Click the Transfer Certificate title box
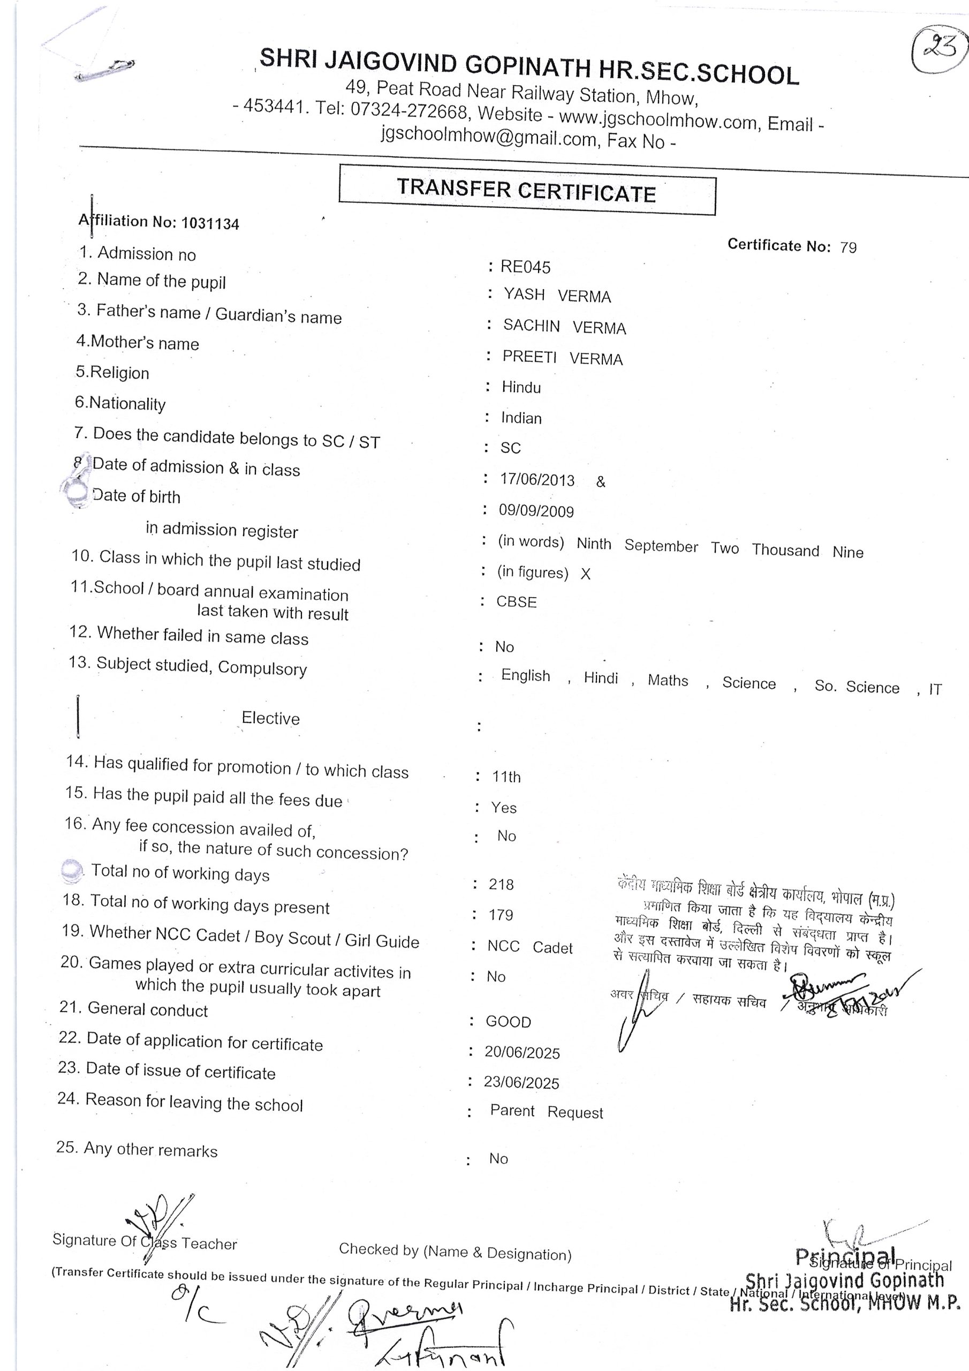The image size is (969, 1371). pyautogui.click(x=527, y=190)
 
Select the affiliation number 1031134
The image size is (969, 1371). pyautogui.click(x=210, y=224)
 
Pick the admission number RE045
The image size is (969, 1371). pyautogui.click(x=525, y=267)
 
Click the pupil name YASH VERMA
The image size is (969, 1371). pyautogui.click(x=557, y=296)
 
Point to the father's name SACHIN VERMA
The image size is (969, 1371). pyautogui.click(x=564, y=327)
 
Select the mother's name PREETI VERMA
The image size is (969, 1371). pyautogui.click(x=563, y=358)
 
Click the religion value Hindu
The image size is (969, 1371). pyautogui.click(x=521, y=388)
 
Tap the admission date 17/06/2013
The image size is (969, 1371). pyautogui.click(x=538, y=480)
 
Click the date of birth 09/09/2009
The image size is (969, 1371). pyautogui.click(x=536, y=511)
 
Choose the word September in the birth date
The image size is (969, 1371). pyautogui.click(x=661, y=546)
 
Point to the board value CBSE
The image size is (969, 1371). pyautogui.click(x=517, y=602)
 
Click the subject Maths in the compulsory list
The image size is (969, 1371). pyautogui.click(x=668, y=681)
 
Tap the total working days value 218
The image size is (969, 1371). pyautogui.click(x=501, y=884)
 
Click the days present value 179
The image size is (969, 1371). pyautogui.click(x=501, y=915)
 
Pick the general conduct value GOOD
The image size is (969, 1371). pyautogui.click(x=508, y=1022)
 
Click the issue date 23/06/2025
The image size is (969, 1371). pyautogui.click(x=521, y=1082)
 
